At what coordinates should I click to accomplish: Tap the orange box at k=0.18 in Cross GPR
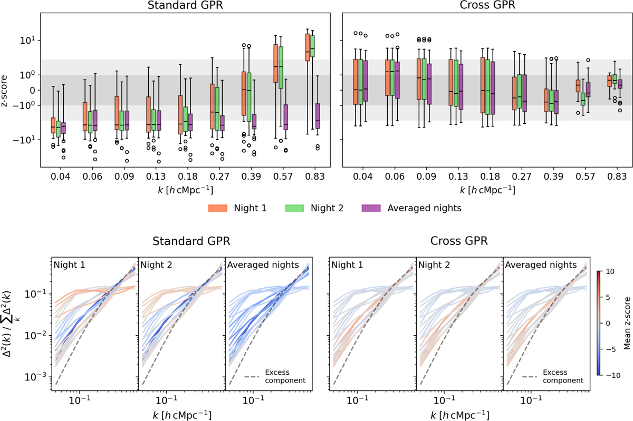pos(483,85)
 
